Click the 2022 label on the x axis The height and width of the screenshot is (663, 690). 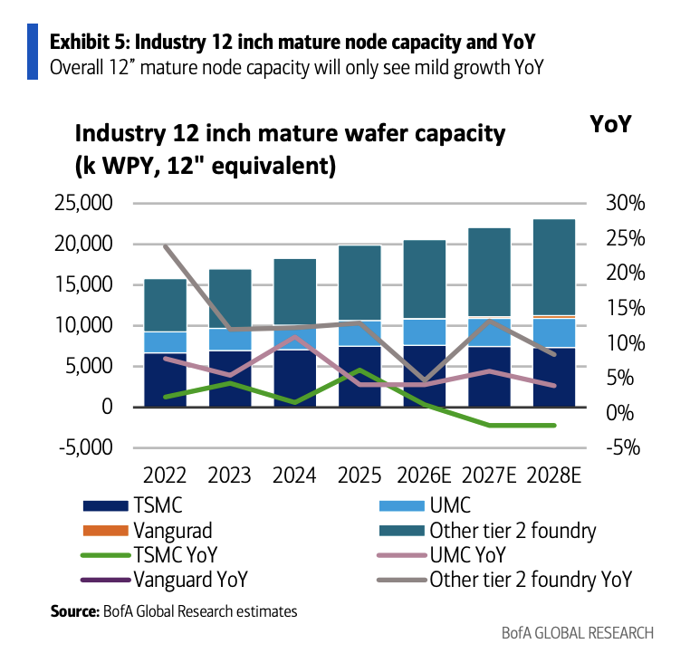165,476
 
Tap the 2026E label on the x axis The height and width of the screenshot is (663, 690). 424,476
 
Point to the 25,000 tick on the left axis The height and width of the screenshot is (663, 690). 83,204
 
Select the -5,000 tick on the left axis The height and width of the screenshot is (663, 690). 86,447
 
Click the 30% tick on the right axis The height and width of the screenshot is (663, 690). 626,204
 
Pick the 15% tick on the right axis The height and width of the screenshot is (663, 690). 626,308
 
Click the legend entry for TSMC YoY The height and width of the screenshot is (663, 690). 149,554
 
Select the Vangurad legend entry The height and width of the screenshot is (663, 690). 148,531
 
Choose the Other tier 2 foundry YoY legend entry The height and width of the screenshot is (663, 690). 505,580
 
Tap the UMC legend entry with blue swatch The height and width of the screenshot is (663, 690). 425,505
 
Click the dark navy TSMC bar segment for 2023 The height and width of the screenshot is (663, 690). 230,379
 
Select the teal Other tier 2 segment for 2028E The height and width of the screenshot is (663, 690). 554,267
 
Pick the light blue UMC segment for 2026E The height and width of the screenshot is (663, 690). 425,331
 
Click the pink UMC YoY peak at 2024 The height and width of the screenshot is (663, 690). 295,337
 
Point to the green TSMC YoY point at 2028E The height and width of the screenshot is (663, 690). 553,426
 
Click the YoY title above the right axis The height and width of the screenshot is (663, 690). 611,124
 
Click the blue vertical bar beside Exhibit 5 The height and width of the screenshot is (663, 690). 33,52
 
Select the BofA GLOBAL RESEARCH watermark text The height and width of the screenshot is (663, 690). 578,633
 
